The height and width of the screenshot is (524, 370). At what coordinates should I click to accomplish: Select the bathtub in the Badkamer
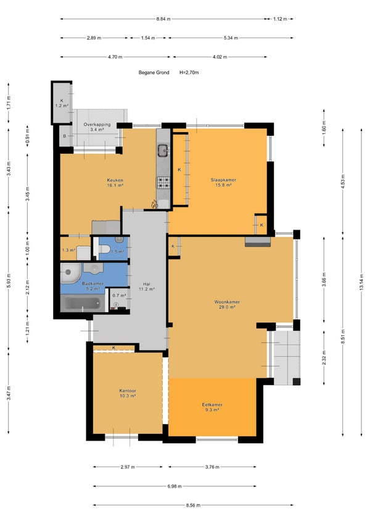tap(83, 304)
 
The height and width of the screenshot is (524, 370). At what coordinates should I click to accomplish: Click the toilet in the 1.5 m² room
tap(104, 249)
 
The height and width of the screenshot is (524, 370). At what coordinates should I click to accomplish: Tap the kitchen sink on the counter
tap(163, 150)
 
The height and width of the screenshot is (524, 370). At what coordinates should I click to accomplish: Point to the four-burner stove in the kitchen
tap(163, 182)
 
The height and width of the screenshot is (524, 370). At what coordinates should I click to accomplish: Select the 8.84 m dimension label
tap(163, 19)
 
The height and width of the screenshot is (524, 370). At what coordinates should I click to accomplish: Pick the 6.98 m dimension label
tap(175, 486)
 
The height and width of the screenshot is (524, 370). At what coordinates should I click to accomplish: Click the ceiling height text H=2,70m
tap(189, 72)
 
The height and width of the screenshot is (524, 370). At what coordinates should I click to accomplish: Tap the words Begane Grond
tap(154, 72)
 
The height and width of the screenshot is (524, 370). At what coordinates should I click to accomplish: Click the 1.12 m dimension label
tap(280, 19)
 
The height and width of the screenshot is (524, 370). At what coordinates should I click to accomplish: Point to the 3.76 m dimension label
tap(212, 467)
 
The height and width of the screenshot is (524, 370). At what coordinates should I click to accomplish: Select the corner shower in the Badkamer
tap(70, 273)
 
